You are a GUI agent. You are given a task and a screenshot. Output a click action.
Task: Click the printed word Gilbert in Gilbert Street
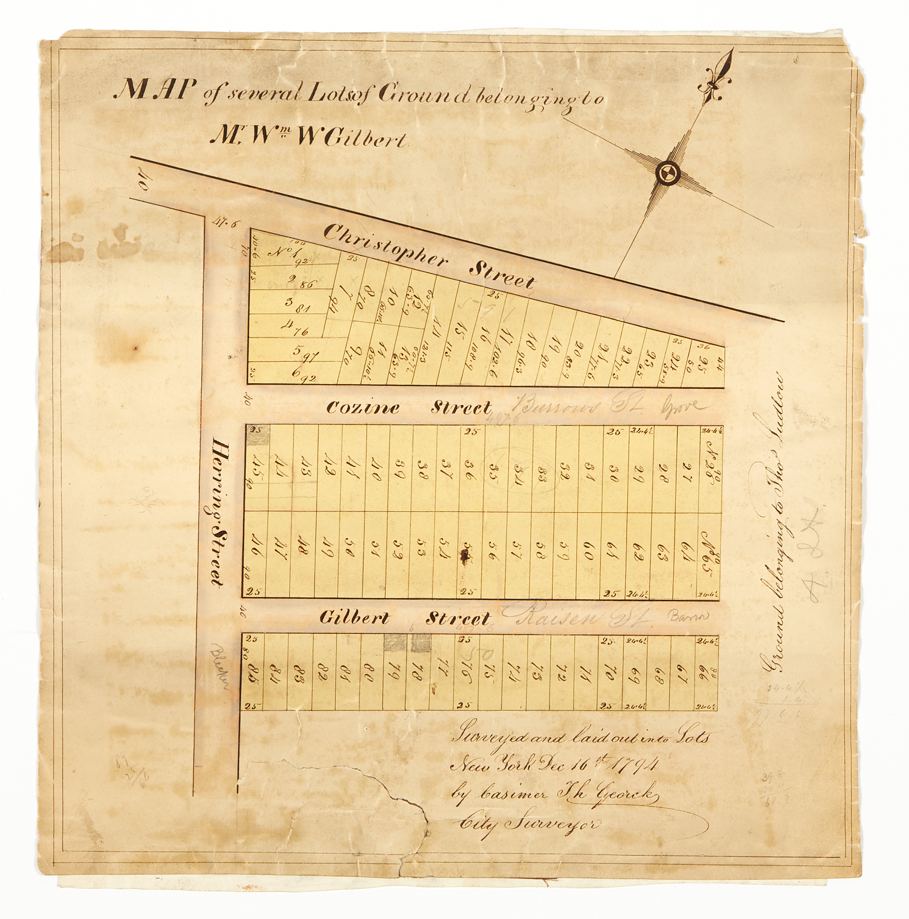click(x=354, y=618)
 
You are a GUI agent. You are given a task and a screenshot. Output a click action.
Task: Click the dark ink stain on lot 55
click(x=464, y=553)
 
